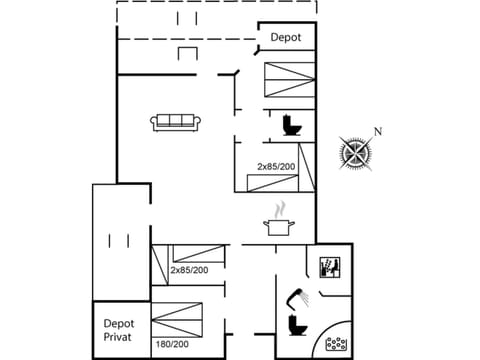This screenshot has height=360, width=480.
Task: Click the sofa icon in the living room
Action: pos(177,122)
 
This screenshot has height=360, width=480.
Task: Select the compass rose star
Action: pos(354,152)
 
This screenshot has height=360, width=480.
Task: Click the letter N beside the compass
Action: pos(377,131)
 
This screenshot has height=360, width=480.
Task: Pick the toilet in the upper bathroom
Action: pos(292,125)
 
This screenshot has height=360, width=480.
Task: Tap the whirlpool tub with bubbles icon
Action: pos(337,344)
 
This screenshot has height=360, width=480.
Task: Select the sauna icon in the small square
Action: pos(330,267)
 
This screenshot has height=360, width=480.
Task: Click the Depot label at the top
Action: pos(286,38)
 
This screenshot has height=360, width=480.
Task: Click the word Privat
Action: pos(118,338)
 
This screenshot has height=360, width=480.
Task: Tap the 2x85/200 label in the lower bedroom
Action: pos(189,270)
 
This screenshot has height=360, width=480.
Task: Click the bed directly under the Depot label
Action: pos(288,75)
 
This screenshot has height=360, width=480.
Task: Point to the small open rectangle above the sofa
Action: pos(187,53)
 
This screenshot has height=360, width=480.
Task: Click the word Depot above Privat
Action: pos(119,323)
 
